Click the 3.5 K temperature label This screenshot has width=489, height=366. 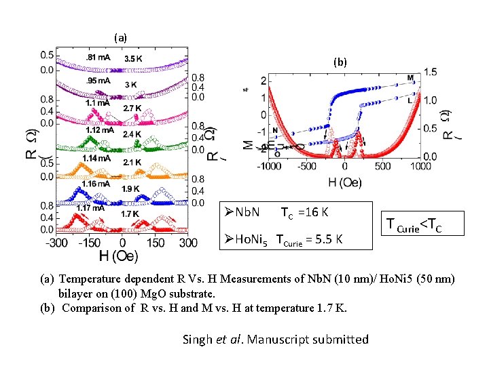[133, 59]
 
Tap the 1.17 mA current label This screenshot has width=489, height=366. [90, 208]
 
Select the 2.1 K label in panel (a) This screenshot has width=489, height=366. [132, 163]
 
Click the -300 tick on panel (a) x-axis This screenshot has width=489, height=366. [55, 243]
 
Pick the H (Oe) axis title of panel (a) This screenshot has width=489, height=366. [119, 256]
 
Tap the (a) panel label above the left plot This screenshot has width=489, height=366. [120, 37]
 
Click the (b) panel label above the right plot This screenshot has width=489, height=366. [340, 62]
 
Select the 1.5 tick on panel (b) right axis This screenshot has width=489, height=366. [430, 71]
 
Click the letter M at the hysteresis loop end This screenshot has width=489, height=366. [410, 78]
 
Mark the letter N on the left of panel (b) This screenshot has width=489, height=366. [274, 130]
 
